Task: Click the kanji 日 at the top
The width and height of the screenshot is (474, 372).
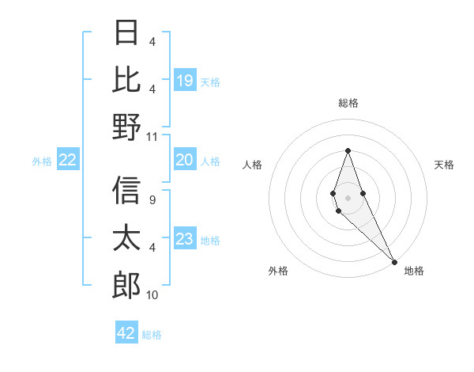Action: [126, 33]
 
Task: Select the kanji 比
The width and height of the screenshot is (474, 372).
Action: [126, 79]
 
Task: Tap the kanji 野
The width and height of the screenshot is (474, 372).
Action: [126, 127]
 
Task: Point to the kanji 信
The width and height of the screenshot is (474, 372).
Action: [126, 190]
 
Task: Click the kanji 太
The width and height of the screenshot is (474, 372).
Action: [126, 237]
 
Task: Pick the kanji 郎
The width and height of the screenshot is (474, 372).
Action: [126, 285]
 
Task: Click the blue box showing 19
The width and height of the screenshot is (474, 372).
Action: [184, 80]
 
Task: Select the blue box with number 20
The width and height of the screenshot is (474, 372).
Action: [184, 161]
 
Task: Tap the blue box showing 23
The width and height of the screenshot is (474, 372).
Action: [184, 240]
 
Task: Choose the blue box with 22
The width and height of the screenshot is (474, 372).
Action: [68, 161]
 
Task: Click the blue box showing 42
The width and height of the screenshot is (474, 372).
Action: [126, 333]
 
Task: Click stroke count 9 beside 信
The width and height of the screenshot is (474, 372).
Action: [152, 199]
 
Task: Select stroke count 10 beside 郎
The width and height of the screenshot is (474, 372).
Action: [152, 295]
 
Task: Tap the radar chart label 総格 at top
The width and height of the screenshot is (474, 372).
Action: [348, 103]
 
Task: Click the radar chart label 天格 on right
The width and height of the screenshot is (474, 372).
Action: [444, 165]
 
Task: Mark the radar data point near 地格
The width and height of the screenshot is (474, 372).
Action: [394, 261]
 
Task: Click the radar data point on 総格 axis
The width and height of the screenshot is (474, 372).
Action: [348, 150]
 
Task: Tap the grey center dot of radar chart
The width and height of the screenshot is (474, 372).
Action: [348, 197]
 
